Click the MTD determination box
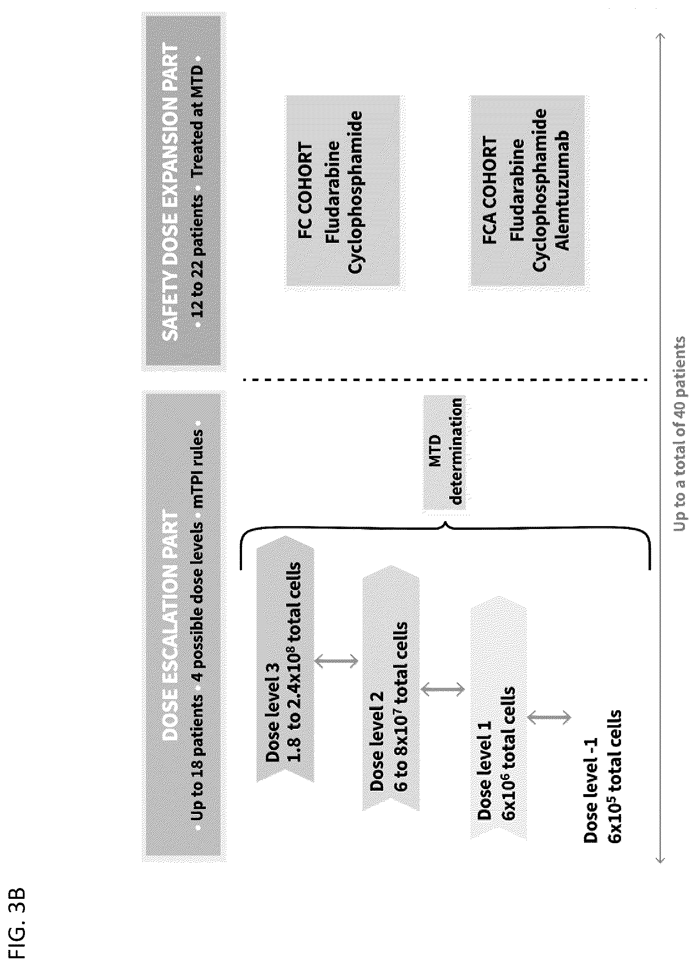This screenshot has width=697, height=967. [444, 452]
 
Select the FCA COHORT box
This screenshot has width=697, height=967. [530, 193]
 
